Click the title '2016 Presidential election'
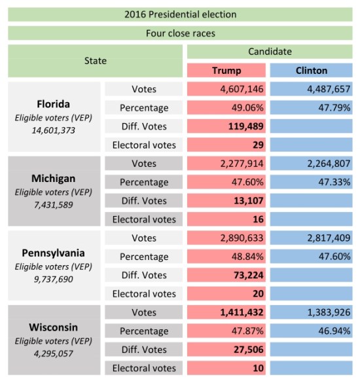point(180,14)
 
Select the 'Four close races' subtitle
point(180,33)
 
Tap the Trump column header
point(226,70)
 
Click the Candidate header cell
point(270,52)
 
